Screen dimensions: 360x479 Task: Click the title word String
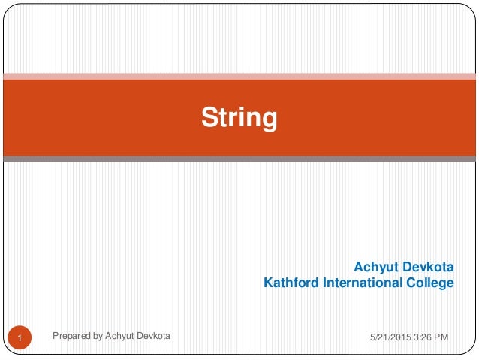point(239,117)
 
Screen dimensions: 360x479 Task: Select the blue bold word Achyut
point(378,267)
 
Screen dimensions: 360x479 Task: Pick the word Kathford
point(291,283)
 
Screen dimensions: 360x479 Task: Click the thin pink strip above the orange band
point(239,75)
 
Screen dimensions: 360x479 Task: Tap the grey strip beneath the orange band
point(239,159)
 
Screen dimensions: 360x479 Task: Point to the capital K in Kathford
point(268,283)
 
